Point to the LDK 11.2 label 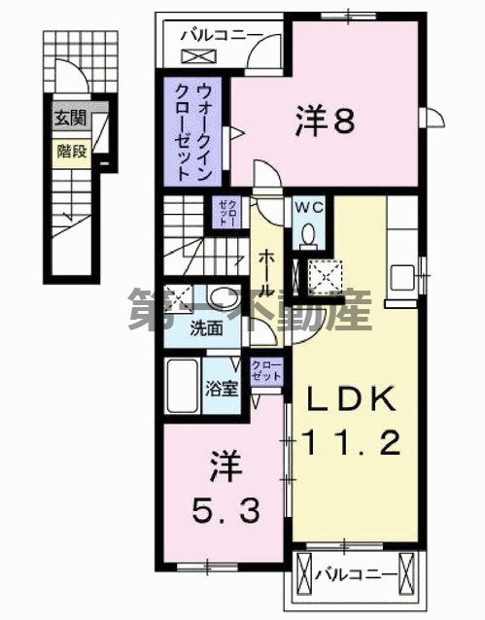[x=353, y=421]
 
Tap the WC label [x=310, y=208]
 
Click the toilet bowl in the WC [x=310, y=234]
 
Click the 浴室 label [x=223, y=388]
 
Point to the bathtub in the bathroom [x=182, y=386]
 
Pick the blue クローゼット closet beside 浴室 [x=264, y=374]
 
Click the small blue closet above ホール [x=224, y=211]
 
